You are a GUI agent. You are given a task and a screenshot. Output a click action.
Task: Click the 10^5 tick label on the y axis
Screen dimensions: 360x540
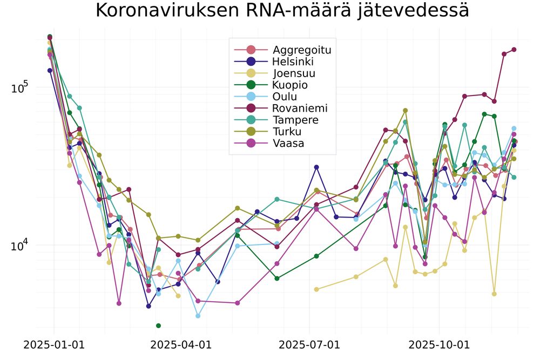coord(20,88)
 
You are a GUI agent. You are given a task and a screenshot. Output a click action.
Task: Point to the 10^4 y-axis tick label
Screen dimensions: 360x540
coord(20,246)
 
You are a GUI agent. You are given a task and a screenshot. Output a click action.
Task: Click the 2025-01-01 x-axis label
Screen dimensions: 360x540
coord(54,345)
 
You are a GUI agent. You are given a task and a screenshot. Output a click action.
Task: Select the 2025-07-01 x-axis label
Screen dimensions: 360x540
coord(309,345)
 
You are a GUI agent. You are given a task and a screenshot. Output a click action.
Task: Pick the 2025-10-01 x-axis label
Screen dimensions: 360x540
coord(439,345)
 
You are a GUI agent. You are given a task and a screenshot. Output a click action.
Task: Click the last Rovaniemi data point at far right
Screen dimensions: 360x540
coord(514,50)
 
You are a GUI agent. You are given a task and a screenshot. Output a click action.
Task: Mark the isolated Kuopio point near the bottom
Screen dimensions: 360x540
coord(158,325)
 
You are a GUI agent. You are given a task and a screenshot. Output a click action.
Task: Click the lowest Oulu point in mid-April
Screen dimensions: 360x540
coord(198,316)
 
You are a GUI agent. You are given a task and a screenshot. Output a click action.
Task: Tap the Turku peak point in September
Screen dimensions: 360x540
coord(406,111)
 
